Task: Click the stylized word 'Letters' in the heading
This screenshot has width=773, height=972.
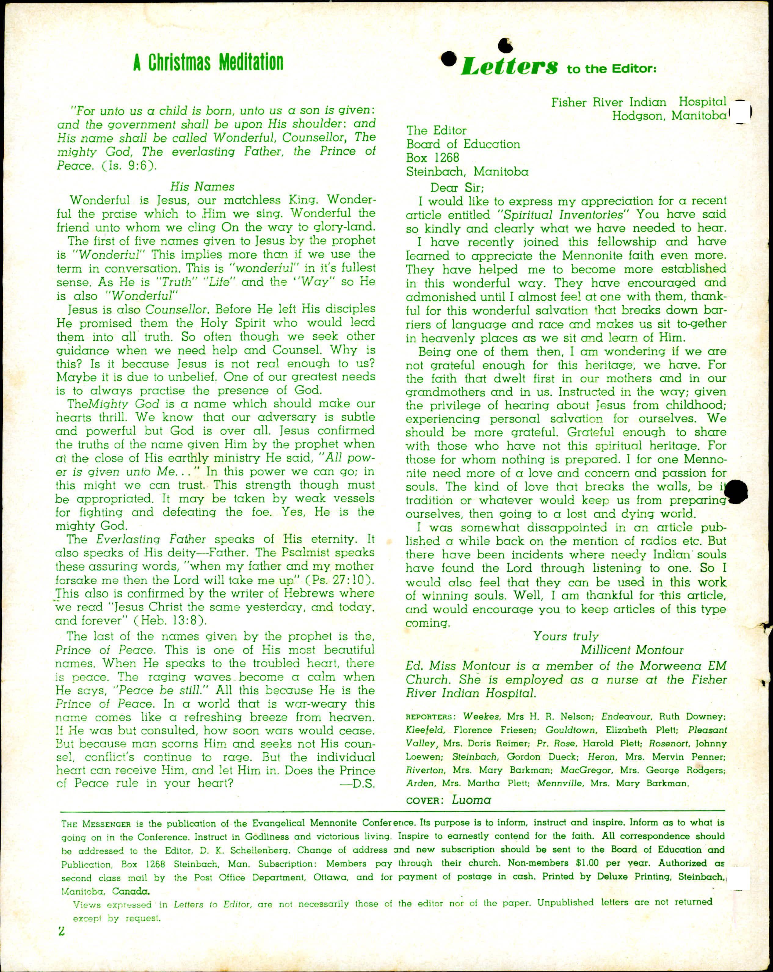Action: coord(508,68)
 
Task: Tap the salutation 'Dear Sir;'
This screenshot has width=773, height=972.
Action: coord(457,187)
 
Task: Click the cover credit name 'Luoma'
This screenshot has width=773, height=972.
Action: coord(471,800)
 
